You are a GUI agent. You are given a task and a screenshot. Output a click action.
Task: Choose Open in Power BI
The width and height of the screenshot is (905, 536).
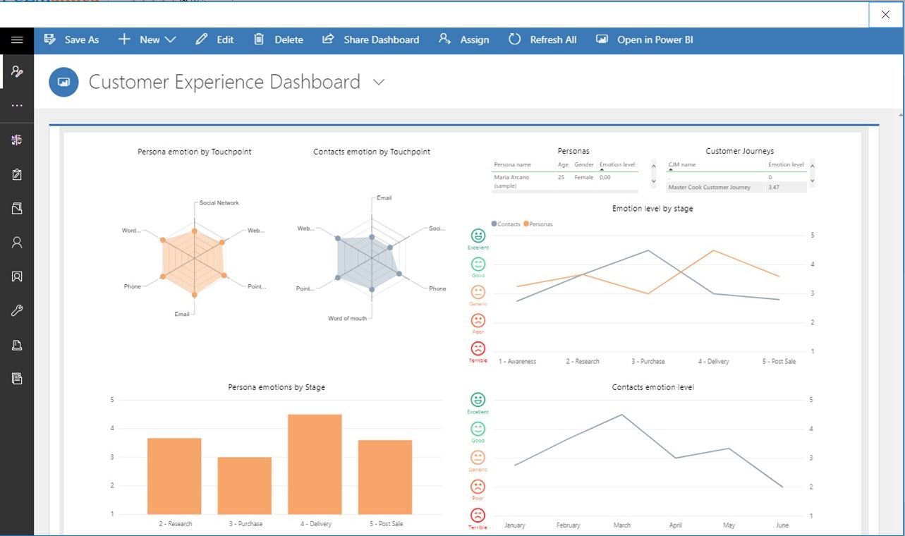click(x=645, y=39)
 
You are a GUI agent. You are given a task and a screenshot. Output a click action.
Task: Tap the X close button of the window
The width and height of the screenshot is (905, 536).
click(x=885, y=14)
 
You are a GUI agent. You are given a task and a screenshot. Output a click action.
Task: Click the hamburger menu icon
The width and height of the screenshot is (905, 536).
click(x=17, y=39)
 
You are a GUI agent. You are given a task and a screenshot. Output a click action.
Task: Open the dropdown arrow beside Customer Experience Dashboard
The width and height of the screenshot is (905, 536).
click(x=379, y=82)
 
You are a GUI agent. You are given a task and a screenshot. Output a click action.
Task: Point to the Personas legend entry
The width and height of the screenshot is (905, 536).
click(x=540, y=224)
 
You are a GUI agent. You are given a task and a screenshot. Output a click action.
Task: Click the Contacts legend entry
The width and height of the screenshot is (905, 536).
click(x=508, y=224)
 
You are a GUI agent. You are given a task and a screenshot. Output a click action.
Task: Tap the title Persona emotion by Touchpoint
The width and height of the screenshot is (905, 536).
click(x=194, y=152)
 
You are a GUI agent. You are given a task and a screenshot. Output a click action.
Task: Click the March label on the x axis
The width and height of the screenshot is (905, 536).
click(x=621, y=525)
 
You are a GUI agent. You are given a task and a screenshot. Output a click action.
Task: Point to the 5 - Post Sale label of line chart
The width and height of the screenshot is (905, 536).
click(x=779, y=361)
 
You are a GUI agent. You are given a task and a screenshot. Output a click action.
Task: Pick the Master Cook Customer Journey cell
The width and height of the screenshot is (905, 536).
click(x=709, y=188)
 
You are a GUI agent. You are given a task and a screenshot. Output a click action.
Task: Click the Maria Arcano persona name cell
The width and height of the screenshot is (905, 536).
click(x=512, y=178)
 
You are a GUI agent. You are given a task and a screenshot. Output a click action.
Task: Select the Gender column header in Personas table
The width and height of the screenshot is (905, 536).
click(x=583, y=164)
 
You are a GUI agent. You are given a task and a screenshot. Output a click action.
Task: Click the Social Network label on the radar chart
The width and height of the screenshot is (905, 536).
click(x=219, y=203)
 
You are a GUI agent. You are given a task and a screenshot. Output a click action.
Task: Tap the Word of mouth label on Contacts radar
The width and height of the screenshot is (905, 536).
click(x=347, y=319)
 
